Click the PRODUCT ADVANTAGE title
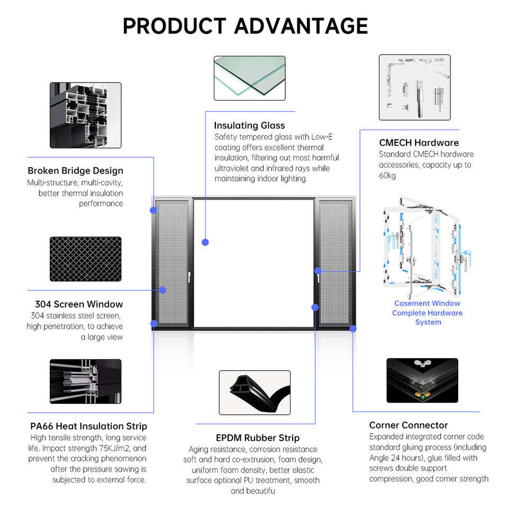click(x=245, y=26)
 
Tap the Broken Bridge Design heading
click(x=76, y=171)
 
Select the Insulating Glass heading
click(x=249, y=125)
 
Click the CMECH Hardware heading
click(x=419, y=142)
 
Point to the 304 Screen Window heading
click(x=79, y=304)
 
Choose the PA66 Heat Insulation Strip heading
click(x=89, y=426)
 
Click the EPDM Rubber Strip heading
click(x=258, y=438)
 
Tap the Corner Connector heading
click(x=409, y=425)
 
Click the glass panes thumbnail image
click(x=249, y=78)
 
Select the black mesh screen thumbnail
click(x=86, y=259)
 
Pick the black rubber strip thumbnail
click(x=255, y=393)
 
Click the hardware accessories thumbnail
click(x=415, y=87)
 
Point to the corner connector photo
click(x=422, y=380)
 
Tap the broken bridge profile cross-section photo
click(x=86, y=115)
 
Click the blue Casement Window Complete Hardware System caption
click(x=428, y=313)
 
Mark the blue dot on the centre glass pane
click(x=205, y=242)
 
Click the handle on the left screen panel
click(x=189, y=277)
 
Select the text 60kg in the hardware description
click(x=387, y=176)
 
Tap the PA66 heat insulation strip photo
click(x=86, y=382)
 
